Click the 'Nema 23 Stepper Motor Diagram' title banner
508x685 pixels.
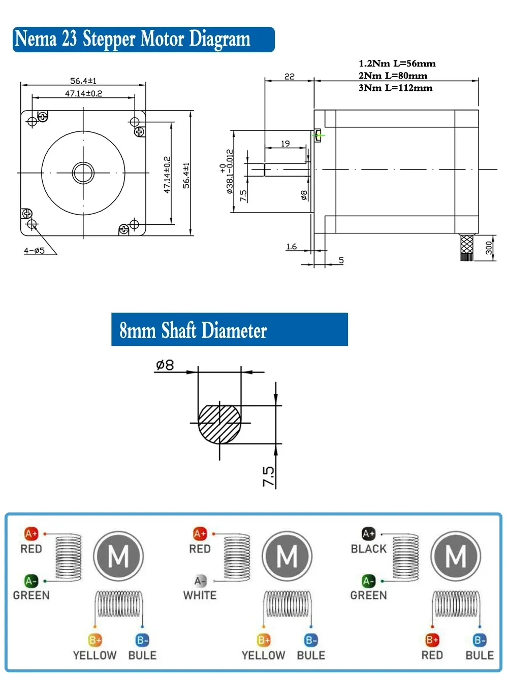[143, 40]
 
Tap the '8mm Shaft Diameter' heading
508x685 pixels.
[229, 330]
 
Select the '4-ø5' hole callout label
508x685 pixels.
[34, 251]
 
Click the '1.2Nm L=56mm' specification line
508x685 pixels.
[397, 63]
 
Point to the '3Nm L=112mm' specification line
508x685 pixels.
[395, 88]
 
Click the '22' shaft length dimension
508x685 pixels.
[289, 76]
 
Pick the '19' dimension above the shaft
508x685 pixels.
[285, 144]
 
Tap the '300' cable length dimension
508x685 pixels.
[488, 248]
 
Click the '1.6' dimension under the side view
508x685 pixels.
[291, 247]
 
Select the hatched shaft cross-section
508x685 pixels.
[219, 424]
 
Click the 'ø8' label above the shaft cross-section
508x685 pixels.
[165, 365]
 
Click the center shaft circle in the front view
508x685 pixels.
[83, 173]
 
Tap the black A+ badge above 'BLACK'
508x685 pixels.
[368, 534]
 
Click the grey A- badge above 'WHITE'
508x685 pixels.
[200, 581]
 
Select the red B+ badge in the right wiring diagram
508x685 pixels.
[432, 640]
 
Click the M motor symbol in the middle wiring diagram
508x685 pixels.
[287, 557]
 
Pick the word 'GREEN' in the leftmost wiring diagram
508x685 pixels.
[31, 595]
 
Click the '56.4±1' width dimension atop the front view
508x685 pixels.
[83, 81]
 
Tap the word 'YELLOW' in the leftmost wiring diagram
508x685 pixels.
[94, 655]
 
